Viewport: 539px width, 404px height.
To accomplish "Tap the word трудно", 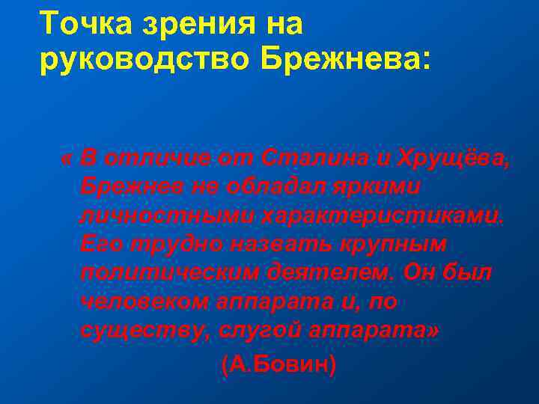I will pyautogui.click(x=174, y=245).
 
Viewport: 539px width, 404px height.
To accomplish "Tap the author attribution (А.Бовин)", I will pyautogui.click(x=279, y=364).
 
